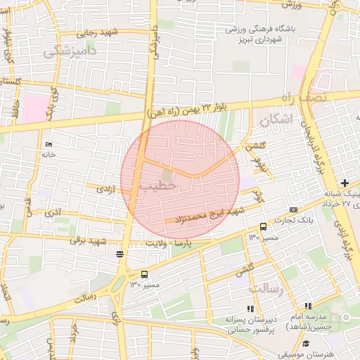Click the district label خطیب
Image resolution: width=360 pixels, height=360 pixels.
[x=156, y=186]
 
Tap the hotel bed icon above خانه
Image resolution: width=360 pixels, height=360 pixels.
[x=49, y=144]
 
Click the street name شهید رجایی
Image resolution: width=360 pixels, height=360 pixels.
[x=97, y=33]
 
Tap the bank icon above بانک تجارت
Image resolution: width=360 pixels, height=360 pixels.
[x=293, y=210]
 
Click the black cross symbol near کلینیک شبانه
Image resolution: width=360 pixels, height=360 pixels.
[x=344, y=182]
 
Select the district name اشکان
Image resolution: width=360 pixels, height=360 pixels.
[x=274, y=120]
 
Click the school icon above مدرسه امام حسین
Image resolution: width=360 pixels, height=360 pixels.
[x=308, y=306]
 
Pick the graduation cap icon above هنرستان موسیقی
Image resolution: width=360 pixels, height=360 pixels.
[x=307, y=342]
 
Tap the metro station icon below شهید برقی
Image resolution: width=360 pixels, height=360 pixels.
[x=120, y=254]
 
